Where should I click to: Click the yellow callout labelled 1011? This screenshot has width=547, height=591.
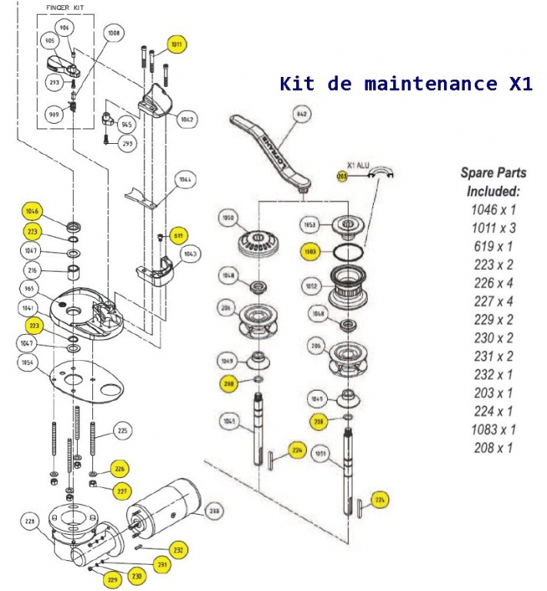point(177,45)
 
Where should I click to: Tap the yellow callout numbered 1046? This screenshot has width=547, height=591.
point(32,211)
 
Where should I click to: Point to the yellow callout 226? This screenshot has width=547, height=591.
point(119,468)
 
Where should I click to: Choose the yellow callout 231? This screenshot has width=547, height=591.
point(162,564)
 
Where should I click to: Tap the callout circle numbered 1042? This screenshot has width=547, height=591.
point(186,119)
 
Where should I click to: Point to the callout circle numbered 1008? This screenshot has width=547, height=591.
point(114,34)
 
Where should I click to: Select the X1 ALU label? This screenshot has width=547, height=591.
point(360,165)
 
